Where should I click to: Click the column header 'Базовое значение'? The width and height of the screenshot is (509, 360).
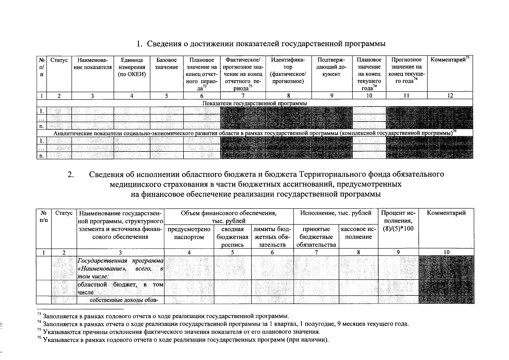(x=166, y=64)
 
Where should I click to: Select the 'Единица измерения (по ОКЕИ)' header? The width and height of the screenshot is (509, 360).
(x=132, y=67)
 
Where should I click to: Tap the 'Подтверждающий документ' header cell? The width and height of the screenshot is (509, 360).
(x=331, y=67)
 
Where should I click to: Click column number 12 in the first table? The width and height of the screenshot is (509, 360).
(x=450, y=96)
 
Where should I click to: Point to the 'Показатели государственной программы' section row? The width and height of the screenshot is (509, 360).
(x=255, y=103)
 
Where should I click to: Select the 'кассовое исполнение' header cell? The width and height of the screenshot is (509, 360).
(x=358, y=233)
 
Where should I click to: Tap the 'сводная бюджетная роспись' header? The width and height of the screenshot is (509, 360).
(x=232, y=237)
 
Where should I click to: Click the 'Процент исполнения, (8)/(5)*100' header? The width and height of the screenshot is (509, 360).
(x=398, y=221)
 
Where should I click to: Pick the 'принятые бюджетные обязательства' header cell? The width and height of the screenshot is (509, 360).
(x=316, y=237)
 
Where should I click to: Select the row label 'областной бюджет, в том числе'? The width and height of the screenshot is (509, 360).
(x=120, y=288)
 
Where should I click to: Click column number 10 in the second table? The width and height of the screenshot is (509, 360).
(x=446, y=252)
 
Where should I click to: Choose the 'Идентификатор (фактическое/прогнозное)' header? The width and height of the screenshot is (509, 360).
(x=288, y=70)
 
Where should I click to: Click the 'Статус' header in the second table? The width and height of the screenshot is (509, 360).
(x=64, y=213)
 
